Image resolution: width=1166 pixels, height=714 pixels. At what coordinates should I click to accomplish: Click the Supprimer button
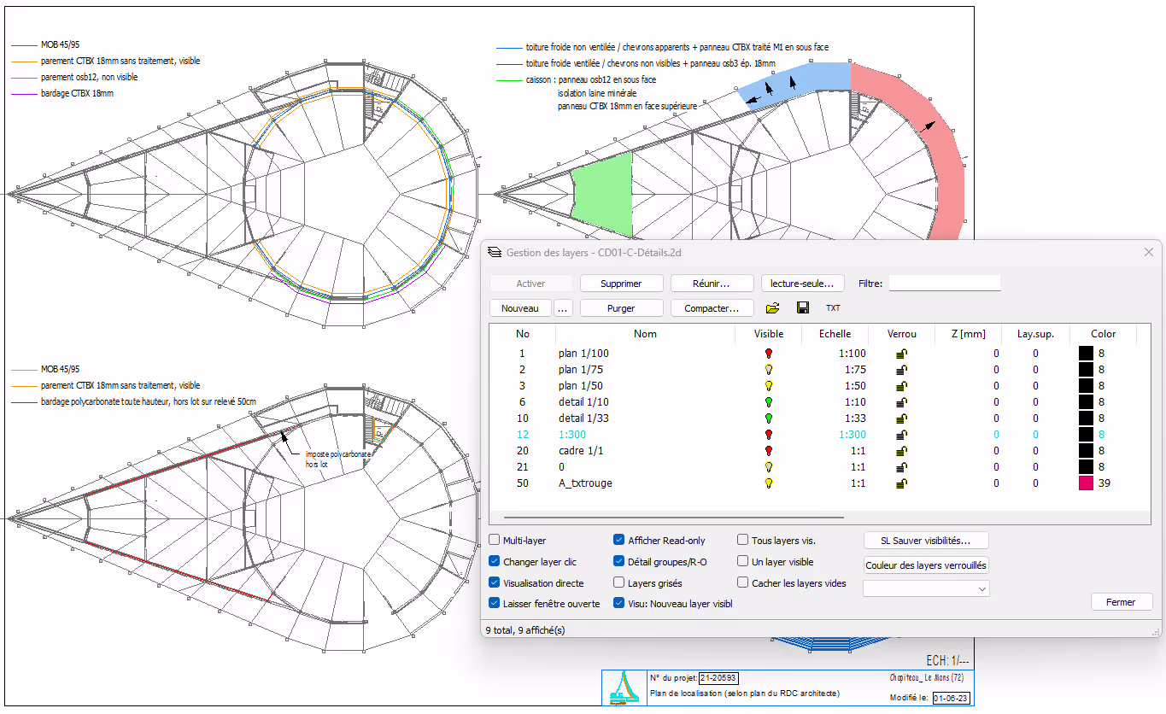621,283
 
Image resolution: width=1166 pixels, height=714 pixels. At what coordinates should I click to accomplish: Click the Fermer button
1121,601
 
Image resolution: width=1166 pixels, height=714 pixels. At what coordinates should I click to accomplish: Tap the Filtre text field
944,283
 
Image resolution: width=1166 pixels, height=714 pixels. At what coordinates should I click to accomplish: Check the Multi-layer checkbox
495,540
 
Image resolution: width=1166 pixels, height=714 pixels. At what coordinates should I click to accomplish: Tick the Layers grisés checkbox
619,582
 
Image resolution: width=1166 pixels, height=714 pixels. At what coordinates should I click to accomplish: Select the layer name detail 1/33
583,418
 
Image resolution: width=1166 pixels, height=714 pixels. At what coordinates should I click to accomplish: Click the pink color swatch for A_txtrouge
1086,483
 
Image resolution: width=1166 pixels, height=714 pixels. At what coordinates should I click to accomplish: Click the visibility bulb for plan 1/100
768,354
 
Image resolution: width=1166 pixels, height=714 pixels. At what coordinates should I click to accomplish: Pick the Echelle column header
835,334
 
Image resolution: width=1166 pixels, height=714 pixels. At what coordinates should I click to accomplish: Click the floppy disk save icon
803,307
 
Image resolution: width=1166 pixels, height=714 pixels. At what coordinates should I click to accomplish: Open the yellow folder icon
772,308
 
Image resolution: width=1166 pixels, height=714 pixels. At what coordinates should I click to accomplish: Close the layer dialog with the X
1149,253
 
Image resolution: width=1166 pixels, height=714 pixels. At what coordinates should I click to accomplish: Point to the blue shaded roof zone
796,82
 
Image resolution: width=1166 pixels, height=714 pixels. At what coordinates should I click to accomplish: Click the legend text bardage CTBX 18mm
77,93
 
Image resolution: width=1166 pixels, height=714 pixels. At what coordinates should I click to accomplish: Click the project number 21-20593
718,677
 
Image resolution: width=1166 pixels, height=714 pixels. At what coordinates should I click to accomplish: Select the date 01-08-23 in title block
951,698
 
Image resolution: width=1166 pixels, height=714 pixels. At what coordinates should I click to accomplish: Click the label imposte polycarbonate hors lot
337,459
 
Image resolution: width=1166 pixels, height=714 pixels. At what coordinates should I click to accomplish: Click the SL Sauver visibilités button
926,540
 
